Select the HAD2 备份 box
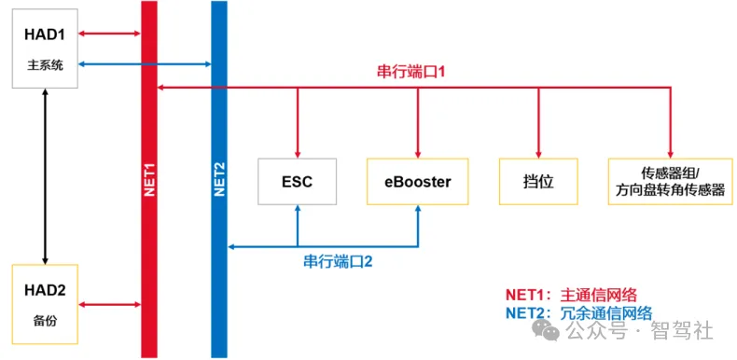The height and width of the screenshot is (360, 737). click(x=45, y=303)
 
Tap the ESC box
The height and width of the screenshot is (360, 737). click(x=297, y=182)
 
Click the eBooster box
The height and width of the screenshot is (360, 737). click(x=417, y=182)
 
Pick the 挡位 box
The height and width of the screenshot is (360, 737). click(x=538, y=182)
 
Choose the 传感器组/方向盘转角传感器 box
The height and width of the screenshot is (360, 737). click(x=670, y=182)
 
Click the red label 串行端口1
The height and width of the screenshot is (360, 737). click(x=416, y=72)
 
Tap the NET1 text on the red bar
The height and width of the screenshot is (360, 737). click(x=149, y=177)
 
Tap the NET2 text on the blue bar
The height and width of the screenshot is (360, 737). click(x=219, y=177)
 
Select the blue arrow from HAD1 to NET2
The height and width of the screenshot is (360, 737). click(x=144, y=64)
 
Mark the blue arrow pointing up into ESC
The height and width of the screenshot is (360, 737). click(x=297, y=226)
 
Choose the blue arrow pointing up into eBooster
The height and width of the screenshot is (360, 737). click(x=417, y=226)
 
